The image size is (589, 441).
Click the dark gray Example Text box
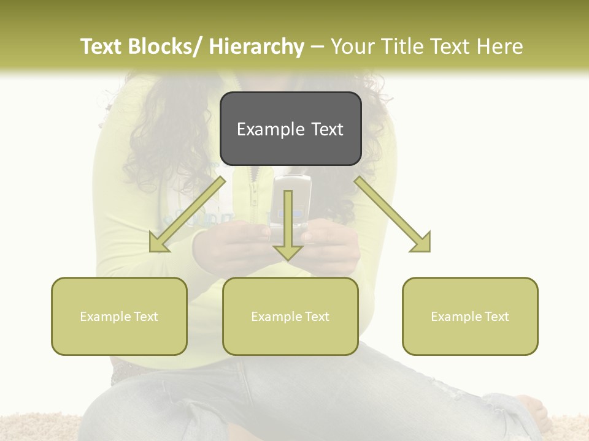point(290,129)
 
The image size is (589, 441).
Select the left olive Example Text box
point(119,316)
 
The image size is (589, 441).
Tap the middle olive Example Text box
point(290,316)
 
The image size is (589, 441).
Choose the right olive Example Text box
point(470,316)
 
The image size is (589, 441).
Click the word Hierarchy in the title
point(256,47)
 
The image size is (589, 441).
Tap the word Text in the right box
point(496,316)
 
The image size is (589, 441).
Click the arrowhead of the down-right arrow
point(422,244)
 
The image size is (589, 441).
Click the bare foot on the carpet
point(532,410)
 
